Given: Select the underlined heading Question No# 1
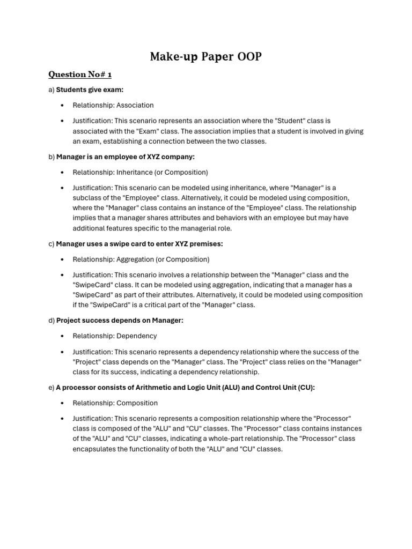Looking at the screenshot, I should (x=80, y=75).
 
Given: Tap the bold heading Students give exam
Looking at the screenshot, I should (x=90, y=90).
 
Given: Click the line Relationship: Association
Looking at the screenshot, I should (x=113, y=105).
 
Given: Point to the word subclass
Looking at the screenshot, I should (x=87, y=198).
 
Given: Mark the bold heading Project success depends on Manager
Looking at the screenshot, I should (x=120, y=321).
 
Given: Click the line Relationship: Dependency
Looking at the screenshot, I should (x=115, y=336).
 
